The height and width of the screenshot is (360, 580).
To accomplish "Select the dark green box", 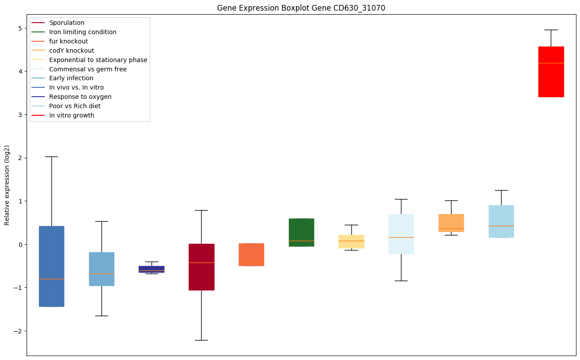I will [x=301, y=232].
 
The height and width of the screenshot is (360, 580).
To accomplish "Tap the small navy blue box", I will [x=152, y=269].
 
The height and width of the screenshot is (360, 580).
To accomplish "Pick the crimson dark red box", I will [x=202, y=267].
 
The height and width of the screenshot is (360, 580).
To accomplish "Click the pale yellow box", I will [x=351, y=242].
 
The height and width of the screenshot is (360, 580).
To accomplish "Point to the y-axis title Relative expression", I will [x=7, y=185].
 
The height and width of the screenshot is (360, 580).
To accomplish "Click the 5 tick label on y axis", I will [x=20, y=28].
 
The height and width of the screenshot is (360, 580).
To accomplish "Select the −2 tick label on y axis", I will [x=18, y=331].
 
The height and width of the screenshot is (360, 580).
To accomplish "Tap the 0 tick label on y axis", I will [x=20, y=245].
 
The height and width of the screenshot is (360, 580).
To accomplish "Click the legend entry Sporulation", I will [x=67, y=23].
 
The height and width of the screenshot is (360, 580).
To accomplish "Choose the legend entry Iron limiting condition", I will [x=83, y=32].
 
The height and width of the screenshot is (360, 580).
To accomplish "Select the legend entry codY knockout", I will [x=72, y=51].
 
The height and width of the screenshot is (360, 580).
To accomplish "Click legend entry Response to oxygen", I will [x=80, y=97].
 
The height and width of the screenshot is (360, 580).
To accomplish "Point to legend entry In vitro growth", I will [x=72, y=115].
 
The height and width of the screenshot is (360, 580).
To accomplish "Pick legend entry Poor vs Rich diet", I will [x=75, y=106].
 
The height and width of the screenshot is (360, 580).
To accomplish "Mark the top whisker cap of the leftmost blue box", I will [x=51, y=157].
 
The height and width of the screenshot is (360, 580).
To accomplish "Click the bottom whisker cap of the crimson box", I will [x=202, y=340].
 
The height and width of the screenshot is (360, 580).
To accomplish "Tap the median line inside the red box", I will [x=551, y=63].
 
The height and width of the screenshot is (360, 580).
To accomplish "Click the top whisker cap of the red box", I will [x=551, y=30].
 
